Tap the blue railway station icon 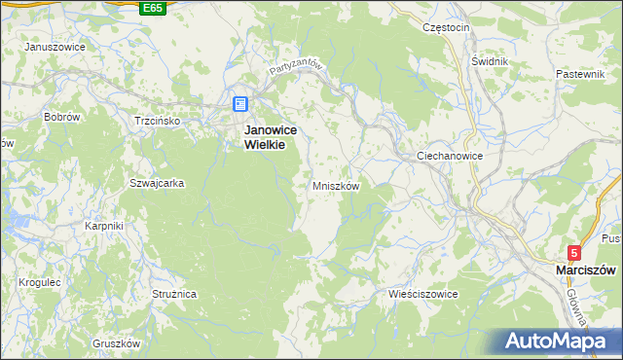click(240, 104)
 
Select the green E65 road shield click(151, 8)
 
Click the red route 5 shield click(575, 252)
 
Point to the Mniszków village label click(337, 185)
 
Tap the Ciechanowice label click(450, 156)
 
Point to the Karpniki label click(102, 226)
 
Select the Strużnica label click(175, 292)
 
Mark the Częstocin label click(447, 27)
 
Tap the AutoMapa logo click(559, 341)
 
